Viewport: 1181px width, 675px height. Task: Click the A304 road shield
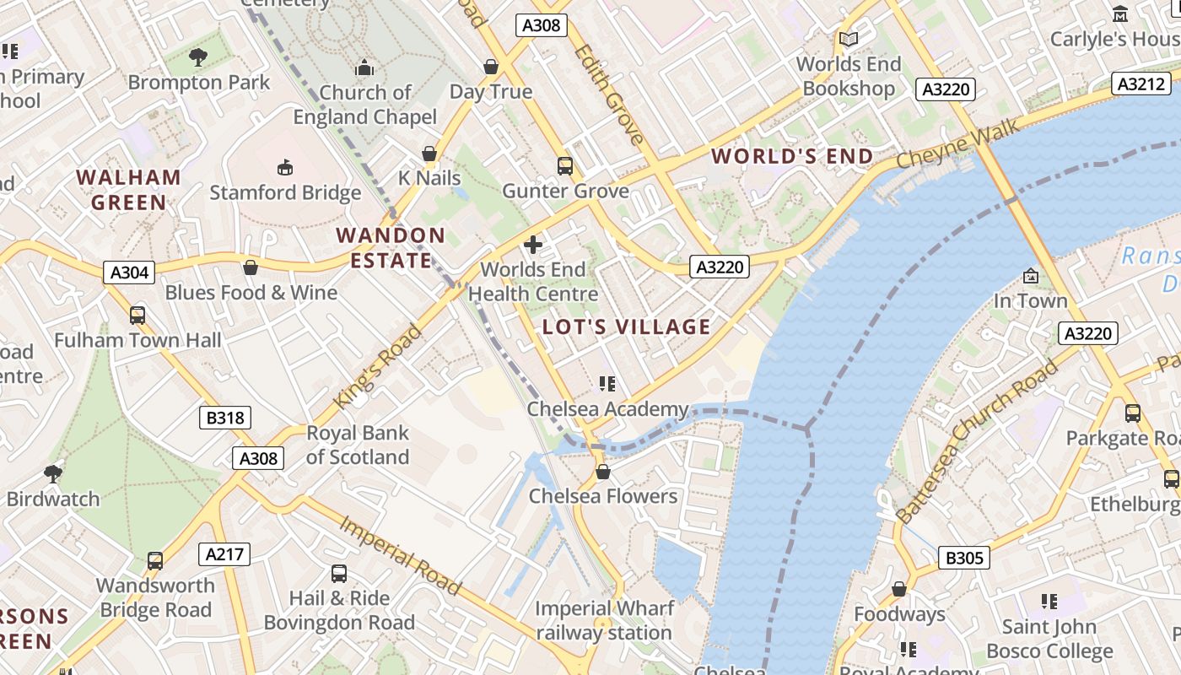130,272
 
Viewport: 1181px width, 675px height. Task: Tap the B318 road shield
225,417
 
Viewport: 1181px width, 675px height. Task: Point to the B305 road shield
963,558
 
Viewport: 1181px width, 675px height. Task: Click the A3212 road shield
1142,84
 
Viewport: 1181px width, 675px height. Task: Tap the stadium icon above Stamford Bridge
285,167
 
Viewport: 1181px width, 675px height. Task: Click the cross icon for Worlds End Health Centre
533,245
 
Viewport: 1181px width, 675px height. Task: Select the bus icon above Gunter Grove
565,166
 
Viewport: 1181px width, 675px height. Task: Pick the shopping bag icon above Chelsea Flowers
602,471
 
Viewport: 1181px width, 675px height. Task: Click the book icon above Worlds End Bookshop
848,39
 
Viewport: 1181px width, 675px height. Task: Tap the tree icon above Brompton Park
198,57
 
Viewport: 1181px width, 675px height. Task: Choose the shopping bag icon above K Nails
429,154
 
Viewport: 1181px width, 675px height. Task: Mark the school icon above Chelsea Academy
607,384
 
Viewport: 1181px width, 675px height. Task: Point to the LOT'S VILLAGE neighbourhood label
626,327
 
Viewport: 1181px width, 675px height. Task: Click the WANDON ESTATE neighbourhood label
391,248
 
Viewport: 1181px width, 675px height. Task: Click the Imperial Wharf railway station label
604,620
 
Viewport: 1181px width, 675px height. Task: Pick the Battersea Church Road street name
977,441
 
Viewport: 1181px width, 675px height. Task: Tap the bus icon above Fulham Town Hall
138,316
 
